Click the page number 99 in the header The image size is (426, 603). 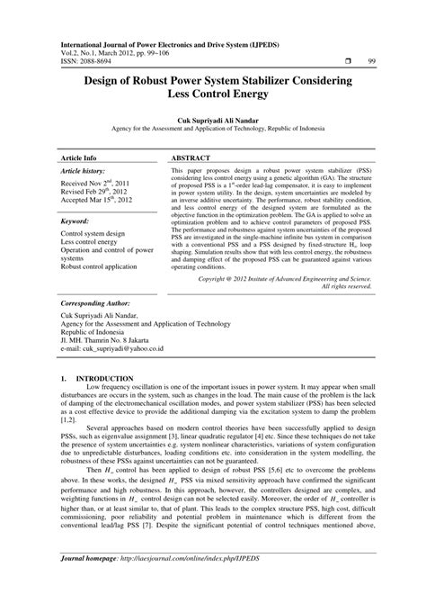370,62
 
